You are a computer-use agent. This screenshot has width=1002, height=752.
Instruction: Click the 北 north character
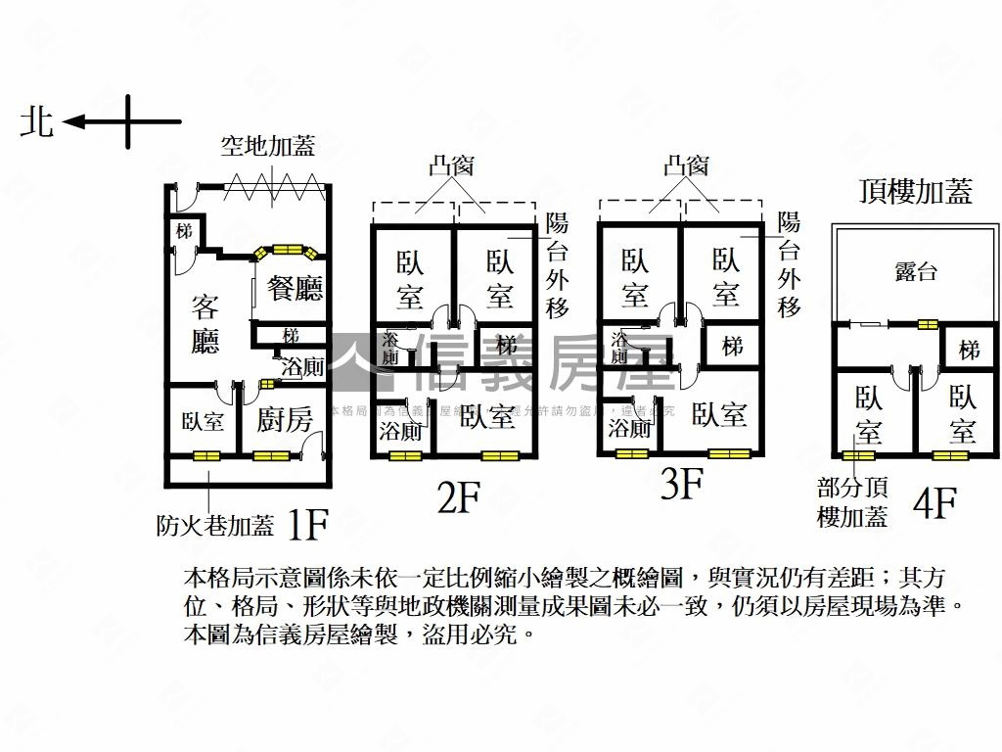[38, 122]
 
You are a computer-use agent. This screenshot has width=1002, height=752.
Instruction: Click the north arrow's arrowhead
[70, 122]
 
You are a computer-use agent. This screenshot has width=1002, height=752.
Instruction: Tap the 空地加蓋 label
[267, 147]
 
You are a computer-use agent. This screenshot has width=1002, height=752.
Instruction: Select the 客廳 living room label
[205, 323]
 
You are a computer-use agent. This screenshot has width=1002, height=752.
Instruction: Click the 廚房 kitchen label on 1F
[285, 421]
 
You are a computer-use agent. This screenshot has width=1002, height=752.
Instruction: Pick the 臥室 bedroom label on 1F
[203, 422]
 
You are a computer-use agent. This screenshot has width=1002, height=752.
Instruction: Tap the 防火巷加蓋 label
[215, 526]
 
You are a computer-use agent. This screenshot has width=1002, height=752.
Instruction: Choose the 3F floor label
[681, 484]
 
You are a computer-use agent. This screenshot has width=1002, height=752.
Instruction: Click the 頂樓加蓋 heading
[915, 191]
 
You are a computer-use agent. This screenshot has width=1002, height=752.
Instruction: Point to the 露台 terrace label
[915, 271]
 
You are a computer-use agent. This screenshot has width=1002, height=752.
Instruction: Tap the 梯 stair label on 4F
[969, 350]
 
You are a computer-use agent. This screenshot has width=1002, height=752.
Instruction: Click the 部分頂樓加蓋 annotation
[852, 501]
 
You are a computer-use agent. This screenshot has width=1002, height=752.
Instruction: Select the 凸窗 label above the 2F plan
[451, 165]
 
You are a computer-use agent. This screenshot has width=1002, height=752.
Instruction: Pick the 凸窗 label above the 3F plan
[685, 165]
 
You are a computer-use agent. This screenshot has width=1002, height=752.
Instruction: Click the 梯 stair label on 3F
[732, 346]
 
